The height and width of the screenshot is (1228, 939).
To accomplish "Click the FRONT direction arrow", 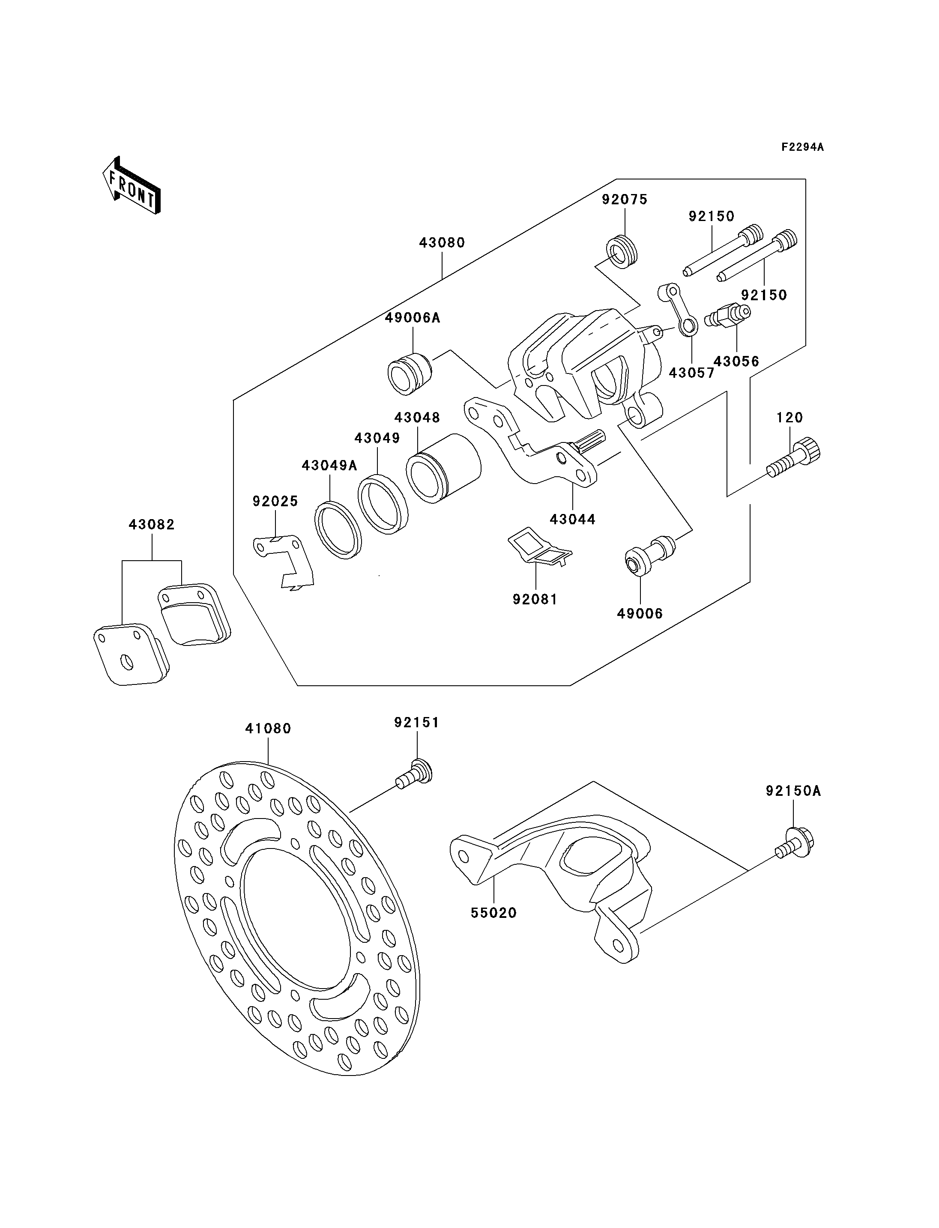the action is coord(132,185).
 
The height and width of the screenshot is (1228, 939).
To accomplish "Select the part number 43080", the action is coord(442,242).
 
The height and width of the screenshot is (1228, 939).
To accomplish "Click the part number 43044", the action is coord(573,519).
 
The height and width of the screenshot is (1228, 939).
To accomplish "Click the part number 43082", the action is coord(152,524).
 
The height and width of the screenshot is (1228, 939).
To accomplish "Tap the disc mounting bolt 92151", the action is coord(414,773).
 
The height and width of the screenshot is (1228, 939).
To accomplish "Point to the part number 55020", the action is coord(493,913).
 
